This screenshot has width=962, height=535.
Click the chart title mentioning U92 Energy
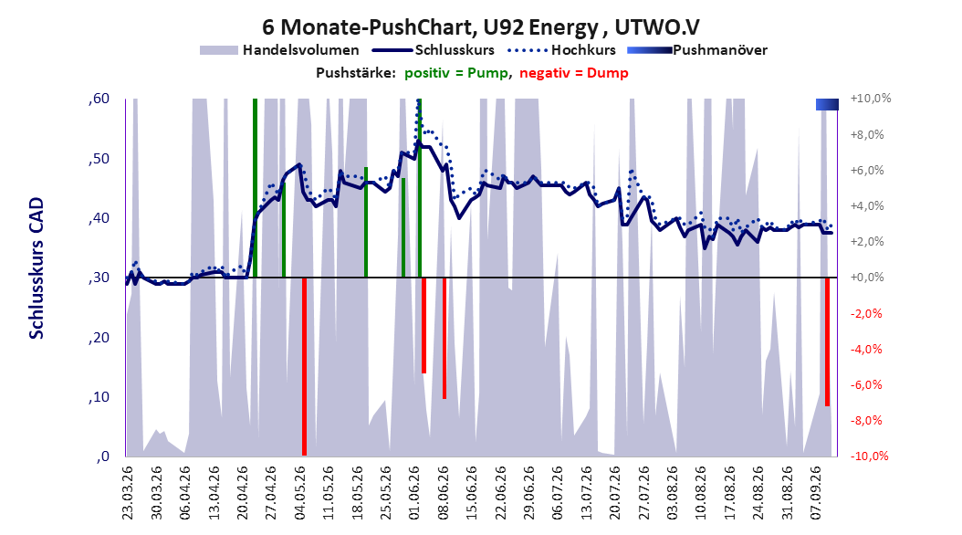coord(480,27)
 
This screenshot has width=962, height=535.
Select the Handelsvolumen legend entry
coord(279,50)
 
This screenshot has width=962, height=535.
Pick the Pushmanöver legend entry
coord(697,50)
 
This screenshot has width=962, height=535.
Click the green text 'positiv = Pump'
coord(455,73)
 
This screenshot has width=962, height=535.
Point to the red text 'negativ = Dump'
coord(574,73)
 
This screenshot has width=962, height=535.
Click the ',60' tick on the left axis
coord(99,99)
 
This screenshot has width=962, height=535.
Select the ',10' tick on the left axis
coord(99,397)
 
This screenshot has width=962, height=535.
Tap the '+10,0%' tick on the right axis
coord(870,99)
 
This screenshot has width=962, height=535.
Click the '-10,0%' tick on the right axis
coord(869,456)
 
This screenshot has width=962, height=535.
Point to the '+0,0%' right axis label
coord(867,278)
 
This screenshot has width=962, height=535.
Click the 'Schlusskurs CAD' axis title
coord(37,268)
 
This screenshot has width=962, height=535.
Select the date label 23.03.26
coord(127,493)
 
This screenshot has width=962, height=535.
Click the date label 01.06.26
coord(413,493)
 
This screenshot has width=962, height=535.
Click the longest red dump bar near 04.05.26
coord(304,366)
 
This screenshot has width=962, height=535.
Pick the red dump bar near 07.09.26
coord(827,341)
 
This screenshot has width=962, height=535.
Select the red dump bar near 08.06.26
coord(444,338)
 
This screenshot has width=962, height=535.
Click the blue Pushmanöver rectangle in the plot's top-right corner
coord(827,104)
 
